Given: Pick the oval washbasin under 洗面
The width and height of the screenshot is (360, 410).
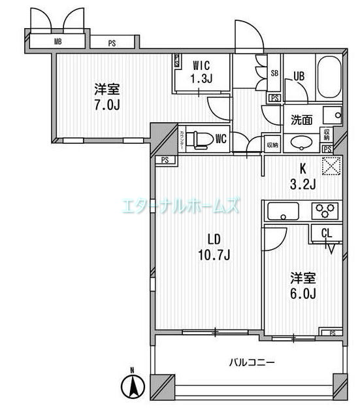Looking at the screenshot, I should point(301,143).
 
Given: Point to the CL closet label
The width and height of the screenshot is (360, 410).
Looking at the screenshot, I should point(327,233).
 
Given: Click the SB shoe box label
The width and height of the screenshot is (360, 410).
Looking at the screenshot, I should point(274,73).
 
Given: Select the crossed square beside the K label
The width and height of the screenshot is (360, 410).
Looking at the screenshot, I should point(332,166).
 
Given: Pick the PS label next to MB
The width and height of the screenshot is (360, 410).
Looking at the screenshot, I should point(112,44).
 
